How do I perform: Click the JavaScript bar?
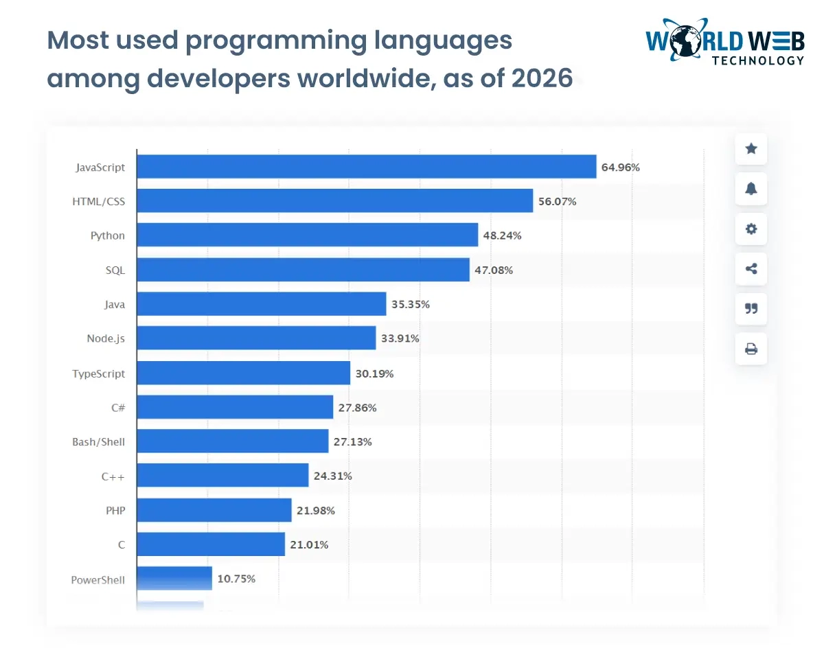(366, 166)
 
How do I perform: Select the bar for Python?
(307, 235)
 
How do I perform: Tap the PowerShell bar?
(174, 579)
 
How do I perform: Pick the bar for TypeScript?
(243, 373)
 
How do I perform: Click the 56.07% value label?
(557, 201)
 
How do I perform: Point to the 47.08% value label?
(494, 270)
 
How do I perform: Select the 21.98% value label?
(316, 511)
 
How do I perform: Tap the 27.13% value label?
(353, 441)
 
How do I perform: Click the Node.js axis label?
(106, 338)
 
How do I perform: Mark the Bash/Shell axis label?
(98, 441)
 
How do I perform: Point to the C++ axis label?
(113, 476)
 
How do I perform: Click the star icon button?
(751, 148)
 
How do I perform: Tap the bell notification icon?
(751, 189)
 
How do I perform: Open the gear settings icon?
(751, 229)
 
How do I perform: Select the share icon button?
(751, 269)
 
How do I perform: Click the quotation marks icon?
(751, 309)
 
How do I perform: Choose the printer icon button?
(751, 349)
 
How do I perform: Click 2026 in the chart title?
(542, 78)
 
